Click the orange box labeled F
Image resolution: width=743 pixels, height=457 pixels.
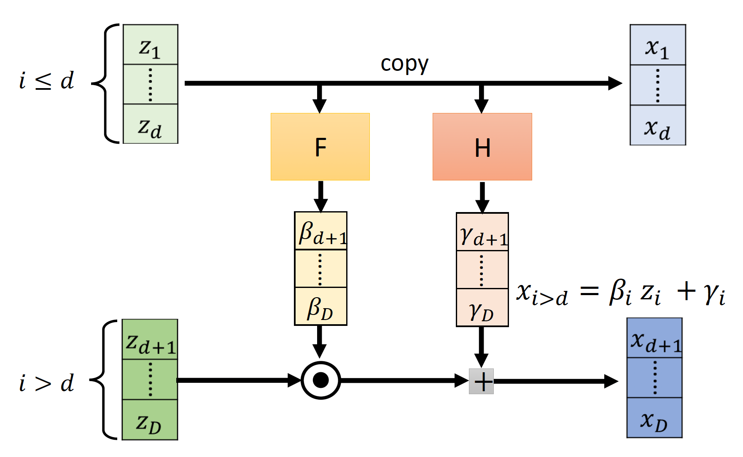[x=320, y=147]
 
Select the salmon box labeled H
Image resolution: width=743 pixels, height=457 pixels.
[x=482, y=147]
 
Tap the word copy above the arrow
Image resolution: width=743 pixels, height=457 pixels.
[x=404, y=65]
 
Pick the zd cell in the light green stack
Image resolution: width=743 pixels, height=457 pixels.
[x=150, y=124]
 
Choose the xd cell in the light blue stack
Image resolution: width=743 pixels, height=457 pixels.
[x=657, y=126]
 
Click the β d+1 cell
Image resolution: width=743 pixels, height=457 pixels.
[x=320, y=231]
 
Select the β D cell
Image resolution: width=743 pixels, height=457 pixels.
[x=320, y=306]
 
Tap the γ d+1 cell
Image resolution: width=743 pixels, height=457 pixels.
[x=482, y=232]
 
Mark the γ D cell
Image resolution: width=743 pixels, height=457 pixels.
[x=482, y=308]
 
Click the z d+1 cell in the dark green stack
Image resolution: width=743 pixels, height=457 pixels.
[x=150, y=340]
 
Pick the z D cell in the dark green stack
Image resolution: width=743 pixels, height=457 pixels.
[x=150, y=420]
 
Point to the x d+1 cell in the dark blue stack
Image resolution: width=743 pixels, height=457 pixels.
[x=654, y=339]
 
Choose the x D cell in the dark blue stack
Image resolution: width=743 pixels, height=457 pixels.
[x=654, y=418]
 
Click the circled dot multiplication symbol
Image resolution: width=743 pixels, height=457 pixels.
[x=321, y=380]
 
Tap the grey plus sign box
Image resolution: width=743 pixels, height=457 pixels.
[x=482, y=382]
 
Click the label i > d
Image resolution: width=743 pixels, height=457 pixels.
[x=46, y=383]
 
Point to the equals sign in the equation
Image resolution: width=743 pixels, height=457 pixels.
[x=589, y=291]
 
